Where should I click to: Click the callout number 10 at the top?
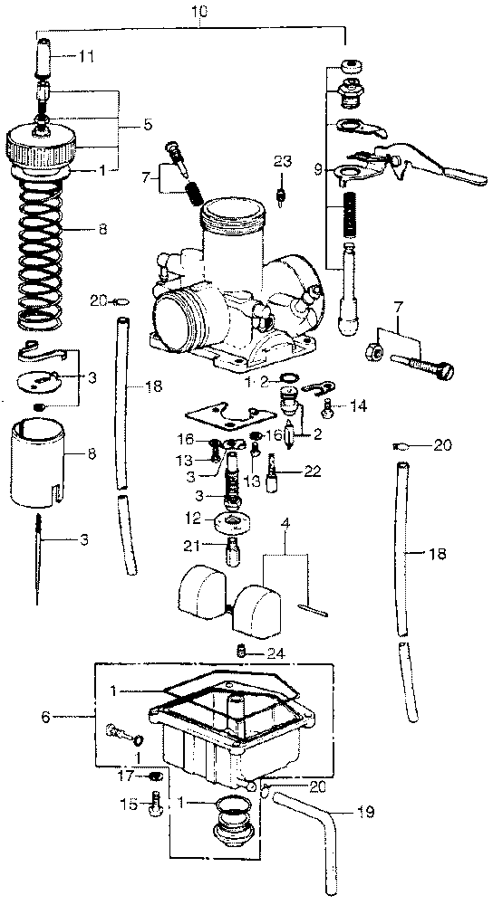[198, 10]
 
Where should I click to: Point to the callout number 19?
[366, 814]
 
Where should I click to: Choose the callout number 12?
[196, 519]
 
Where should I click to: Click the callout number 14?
[359, 405]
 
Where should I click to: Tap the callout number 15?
[130, 803]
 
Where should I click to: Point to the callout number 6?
[45, 717]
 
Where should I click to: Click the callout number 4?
[285, 525]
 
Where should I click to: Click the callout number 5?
[149, 124]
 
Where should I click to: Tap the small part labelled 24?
[242, 652]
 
